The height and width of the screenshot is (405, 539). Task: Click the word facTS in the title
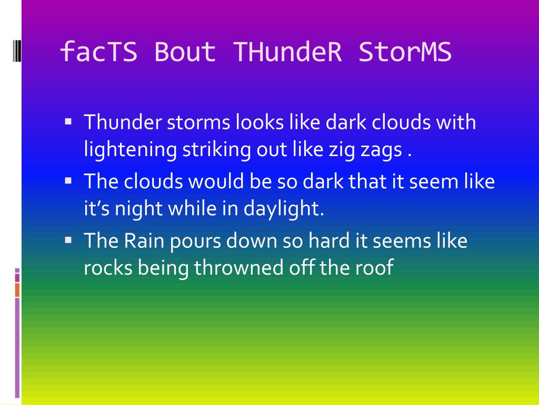pos(98,52)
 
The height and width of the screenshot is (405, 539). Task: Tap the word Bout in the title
pos(185,52)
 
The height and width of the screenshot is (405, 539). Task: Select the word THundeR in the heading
pos(288,52)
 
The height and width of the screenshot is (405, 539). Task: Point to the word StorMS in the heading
pos(405,52)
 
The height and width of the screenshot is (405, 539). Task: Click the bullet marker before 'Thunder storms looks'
pos(68,121)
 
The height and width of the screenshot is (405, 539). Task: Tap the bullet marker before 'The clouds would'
pos(68,180)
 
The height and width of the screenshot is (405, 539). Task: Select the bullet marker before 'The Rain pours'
pos(68,240)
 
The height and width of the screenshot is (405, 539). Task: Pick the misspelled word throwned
pos(238,267)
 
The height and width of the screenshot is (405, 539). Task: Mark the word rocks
pos(108,267)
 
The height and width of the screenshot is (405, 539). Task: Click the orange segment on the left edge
pos(17,290)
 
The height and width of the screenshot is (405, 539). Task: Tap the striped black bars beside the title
pos(17,51)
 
